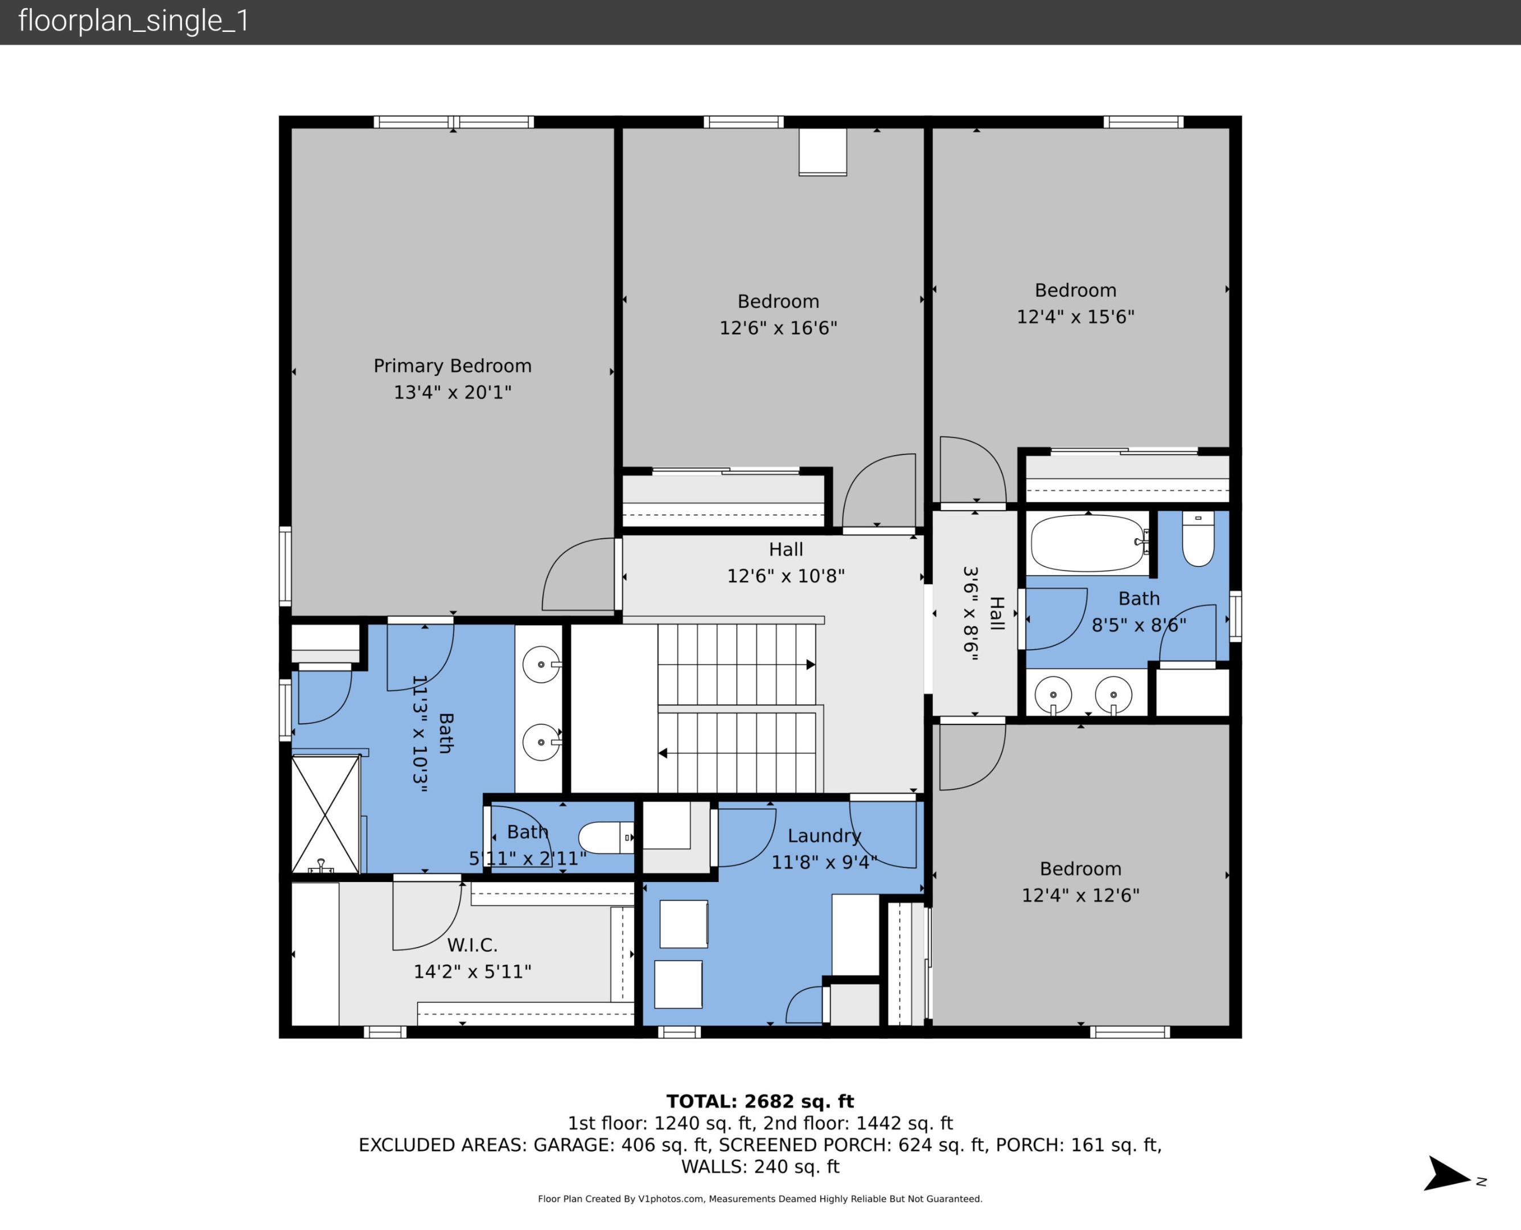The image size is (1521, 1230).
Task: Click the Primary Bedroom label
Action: coord(452,366)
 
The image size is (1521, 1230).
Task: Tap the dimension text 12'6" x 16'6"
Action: coord(778,328)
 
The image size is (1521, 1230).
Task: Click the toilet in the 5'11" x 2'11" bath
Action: coord(606,838)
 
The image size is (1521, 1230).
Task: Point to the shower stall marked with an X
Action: coord(326,814)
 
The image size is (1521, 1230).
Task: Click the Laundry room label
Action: coord(824,836)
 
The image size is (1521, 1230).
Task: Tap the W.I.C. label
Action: coord(472,945)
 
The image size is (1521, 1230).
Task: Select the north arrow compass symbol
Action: coord(1449,1174)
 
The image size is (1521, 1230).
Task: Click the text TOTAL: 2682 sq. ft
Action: coord(760,1101)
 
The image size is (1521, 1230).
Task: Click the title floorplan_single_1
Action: coord(134,20)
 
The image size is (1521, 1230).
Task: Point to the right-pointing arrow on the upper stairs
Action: coord(810,665)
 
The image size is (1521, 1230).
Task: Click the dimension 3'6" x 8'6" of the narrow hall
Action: coord(971,614)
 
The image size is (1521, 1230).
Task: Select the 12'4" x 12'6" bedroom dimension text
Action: coord(1080,896)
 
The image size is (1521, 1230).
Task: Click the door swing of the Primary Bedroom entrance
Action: coord(578,574)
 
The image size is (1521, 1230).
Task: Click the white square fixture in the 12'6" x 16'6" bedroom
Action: coord(822,151)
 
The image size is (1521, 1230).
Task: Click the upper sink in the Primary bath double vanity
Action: coord(541,665)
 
